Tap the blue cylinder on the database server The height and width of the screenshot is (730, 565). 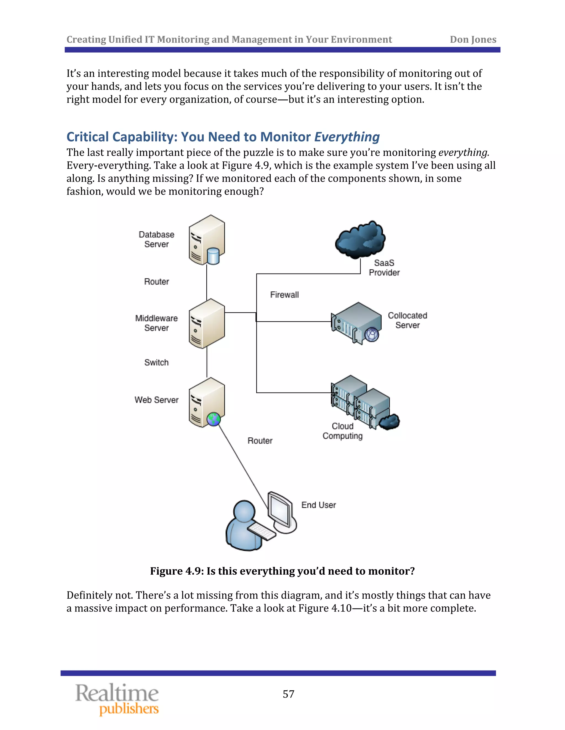click(x=213, y=256)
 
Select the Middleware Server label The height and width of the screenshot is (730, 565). click(x=156, y=323)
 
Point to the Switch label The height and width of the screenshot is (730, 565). click(x=156, y=362)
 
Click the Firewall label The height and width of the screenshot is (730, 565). click(x=284, y=295)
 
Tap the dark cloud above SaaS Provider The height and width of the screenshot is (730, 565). click(x=360, y=239)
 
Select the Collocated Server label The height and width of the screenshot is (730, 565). click(x=407, y=320)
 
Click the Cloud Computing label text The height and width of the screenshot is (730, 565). click(x=342, y=431)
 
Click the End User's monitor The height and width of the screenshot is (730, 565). click(x=280, y=510)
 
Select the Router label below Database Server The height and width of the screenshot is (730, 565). click(x=156, y=282)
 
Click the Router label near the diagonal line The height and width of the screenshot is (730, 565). click(x=260, y=440)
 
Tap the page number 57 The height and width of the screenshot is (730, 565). click(x=288, y=694)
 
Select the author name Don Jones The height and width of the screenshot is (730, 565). click(x=473, y=39)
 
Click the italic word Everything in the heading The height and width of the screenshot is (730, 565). click(x=347, y=137)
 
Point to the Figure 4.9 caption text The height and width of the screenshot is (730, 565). click(x=282, y=571)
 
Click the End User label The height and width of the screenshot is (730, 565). click(x=318, y=505)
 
